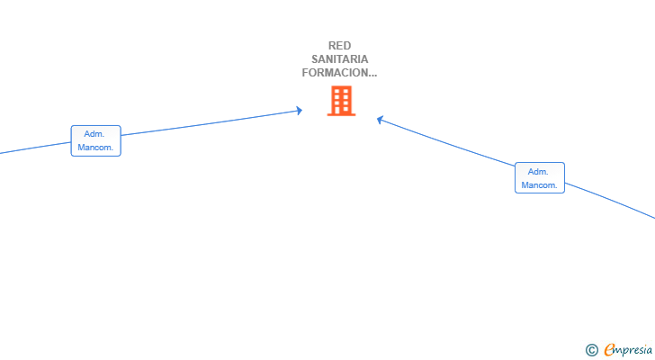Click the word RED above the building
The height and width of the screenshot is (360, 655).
[339, 46]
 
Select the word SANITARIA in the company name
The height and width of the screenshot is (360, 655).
[339, 58]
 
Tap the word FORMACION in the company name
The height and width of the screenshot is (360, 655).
[335, 73]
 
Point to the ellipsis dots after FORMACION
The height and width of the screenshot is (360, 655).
[372, 76]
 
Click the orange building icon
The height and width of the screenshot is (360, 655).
[341, 101]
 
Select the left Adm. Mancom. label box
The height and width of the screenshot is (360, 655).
[95, 140]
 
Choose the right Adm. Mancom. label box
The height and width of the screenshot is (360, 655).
[540, 178]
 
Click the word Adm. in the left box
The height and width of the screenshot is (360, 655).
[94, 134]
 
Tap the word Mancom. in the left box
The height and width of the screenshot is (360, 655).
[95, 148]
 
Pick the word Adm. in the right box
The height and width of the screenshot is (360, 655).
[538, 172]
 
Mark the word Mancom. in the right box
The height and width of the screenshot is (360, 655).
[539, 185]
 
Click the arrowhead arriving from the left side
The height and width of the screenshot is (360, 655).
[299, 111]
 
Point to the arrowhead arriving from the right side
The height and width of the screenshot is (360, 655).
[380, 120]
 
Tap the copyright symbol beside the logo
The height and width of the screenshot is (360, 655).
[591, 350]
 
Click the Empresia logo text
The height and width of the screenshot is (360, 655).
[628, 350]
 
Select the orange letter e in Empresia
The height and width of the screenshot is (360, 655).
[609, 350]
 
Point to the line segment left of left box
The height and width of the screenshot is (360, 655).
[35, 148]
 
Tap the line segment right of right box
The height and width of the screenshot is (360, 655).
[610, 200]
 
